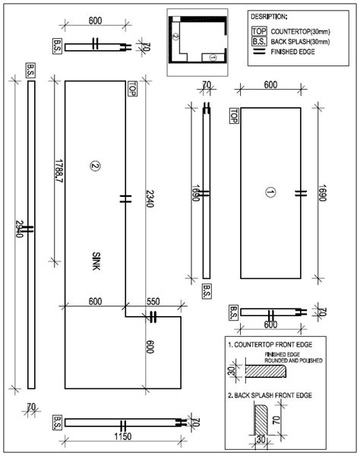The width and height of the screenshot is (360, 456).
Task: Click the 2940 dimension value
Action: coord(16,229)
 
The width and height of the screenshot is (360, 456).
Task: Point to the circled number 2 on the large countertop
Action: coord(95,165)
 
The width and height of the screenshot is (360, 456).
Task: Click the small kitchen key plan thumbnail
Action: coord(197,36)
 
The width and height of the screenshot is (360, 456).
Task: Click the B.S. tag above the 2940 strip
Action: coord(30,68)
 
